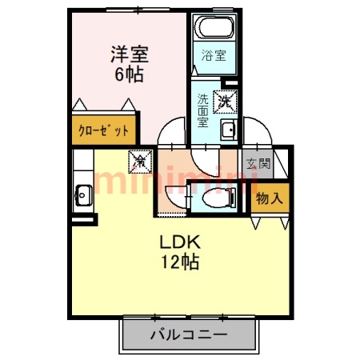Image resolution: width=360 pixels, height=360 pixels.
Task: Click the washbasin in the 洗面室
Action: (227, 131)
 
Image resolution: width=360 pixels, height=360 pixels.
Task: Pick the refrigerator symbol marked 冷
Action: (141, 161)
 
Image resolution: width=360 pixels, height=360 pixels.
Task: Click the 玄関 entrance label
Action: (258, 165)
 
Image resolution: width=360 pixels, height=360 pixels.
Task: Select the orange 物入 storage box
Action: (267, 198)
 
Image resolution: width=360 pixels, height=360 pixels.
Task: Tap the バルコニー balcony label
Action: (190, 334)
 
